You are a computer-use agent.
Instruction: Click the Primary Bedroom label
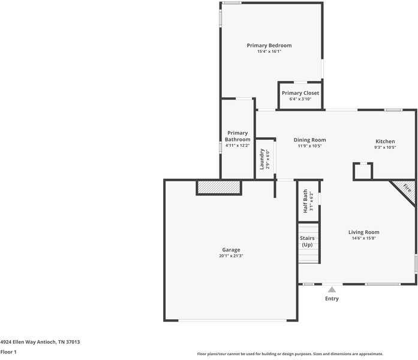coord(269,46)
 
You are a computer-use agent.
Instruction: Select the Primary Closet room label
coord(300,93)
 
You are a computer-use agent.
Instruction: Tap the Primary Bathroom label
coord(237,136)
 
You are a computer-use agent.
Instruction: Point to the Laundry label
coord(262,159)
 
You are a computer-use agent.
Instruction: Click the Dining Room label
coord(309,140)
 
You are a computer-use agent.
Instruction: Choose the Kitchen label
coord(384,142)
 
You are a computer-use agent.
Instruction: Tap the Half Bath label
coord(305,201)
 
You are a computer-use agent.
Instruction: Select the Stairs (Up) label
coord(307,241)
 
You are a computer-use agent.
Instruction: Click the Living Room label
coord(363,232)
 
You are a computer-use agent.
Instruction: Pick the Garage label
coord(231,250)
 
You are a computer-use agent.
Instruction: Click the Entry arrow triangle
coord(332,289)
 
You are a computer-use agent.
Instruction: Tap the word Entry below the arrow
coord(332,299)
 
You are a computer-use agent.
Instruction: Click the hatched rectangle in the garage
coord(219,188)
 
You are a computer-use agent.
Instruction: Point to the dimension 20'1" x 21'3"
coord(231,256)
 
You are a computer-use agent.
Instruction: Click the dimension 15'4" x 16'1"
coord(269,52)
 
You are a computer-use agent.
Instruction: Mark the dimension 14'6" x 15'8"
coord(363,238)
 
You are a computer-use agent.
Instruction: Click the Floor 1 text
coord(8,352)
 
